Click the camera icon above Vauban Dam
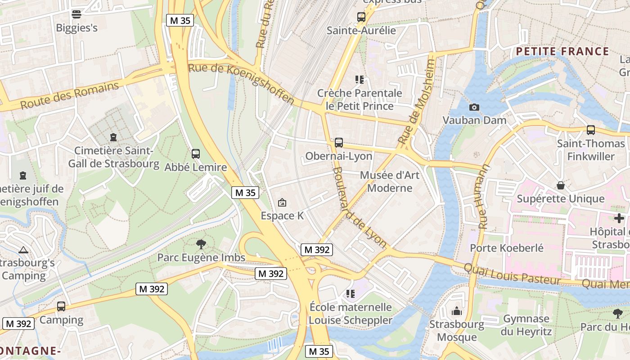tap(474, 107)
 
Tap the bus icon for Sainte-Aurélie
tap(361, 17)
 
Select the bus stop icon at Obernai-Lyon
tap(339, 143)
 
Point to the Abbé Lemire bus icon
tap(195, 154)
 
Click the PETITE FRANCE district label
tap(562, 51)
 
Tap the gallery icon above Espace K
tap(282, 203)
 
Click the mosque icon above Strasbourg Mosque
tap(457, 311)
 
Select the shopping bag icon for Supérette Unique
tap(561, 185)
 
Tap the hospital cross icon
tap(619, 218)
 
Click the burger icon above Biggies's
tap(76, 14)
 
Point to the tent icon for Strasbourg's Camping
tap(23, 250)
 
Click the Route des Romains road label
tap(70, 95)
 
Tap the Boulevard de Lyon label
tap(360, 207)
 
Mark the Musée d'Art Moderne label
tap(390, 181)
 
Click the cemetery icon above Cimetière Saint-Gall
tap(113, 137)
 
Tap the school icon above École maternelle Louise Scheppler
tap(351, 294)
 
